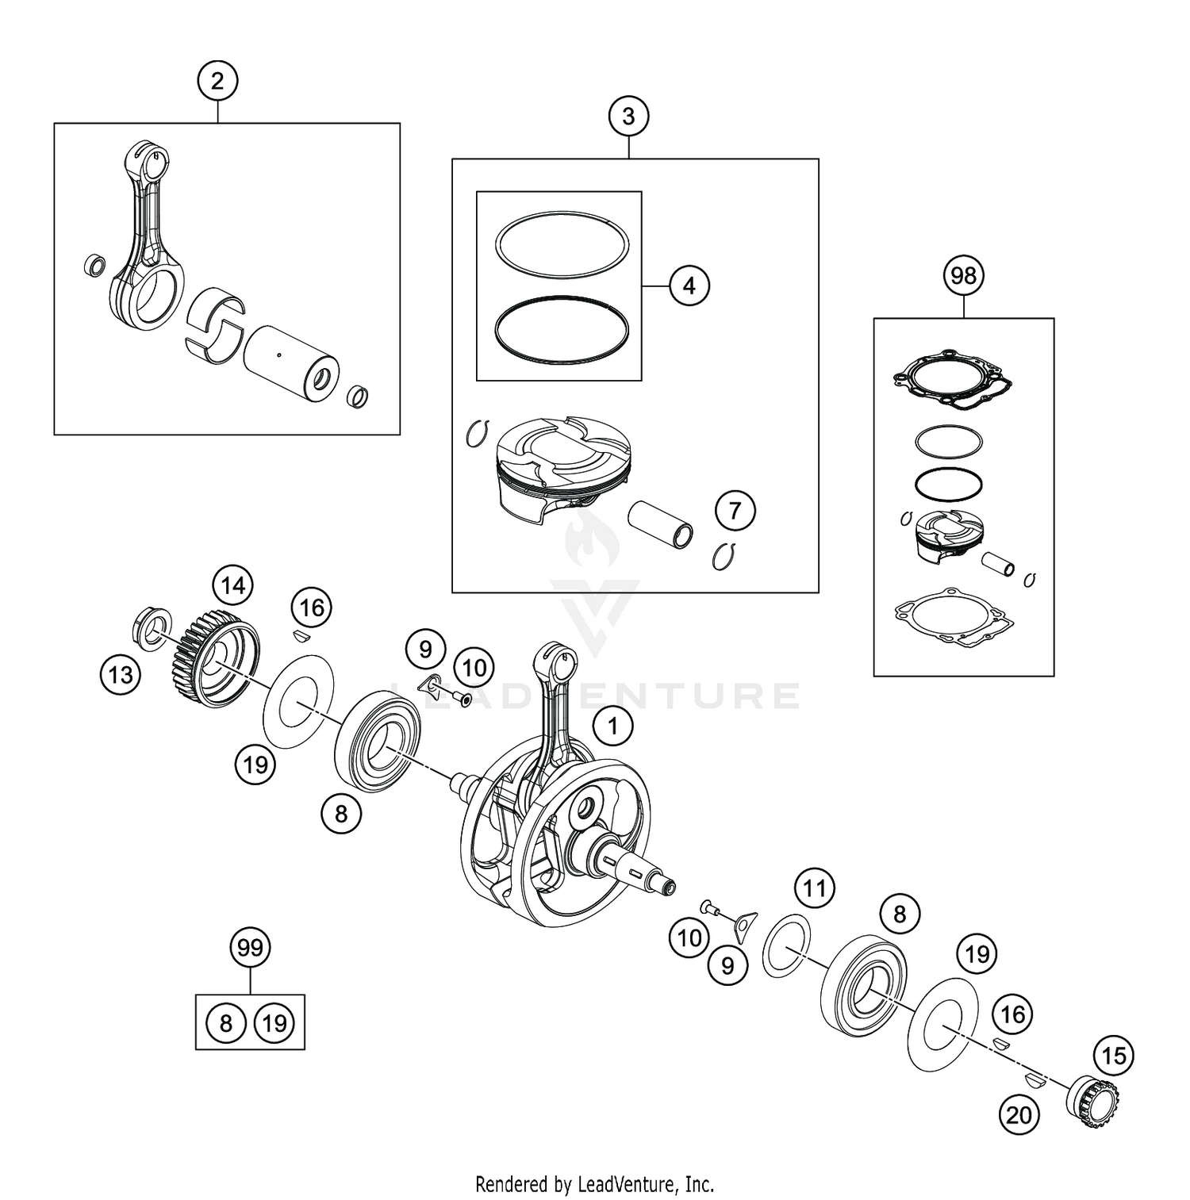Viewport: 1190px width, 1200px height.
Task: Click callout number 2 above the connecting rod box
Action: pyautogui.click(x=217, y=81)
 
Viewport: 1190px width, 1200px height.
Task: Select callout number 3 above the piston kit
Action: pyautogui.click(x=628, y=117)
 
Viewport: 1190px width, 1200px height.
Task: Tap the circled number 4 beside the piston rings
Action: pyautogui.click(x=689, y=286)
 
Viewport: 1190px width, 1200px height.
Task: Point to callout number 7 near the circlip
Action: pyautogui.click(x=735, y=511)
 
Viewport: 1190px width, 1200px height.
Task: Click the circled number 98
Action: pyautogui.click(x=963, y=276)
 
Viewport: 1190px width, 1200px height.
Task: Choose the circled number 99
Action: pyautogui.click(x=250, y=948)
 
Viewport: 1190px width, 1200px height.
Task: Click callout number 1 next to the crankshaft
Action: pyautogui.click(x=612, y=726)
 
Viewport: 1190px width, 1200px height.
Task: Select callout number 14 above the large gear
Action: pyautogui.click(x=232, y=586)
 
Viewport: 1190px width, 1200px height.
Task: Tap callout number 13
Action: pyautogui.click(x=121, y=675)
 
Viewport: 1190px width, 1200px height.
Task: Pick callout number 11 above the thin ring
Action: pyautogui.click(x=815, y=888)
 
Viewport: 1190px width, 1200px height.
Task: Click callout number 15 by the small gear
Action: pyautogui.click(x=1114, y=1056)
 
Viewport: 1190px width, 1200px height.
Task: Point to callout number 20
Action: pyautogui.click(x=1019, y=1115)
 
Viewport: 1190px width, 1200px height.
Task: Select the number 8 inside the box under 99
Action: pyautogui.click(x=225, y=1023)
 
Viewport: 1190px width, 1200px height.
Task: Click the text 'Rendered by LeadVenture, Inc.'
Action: pyautogui.click(x=594, y=1184)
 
